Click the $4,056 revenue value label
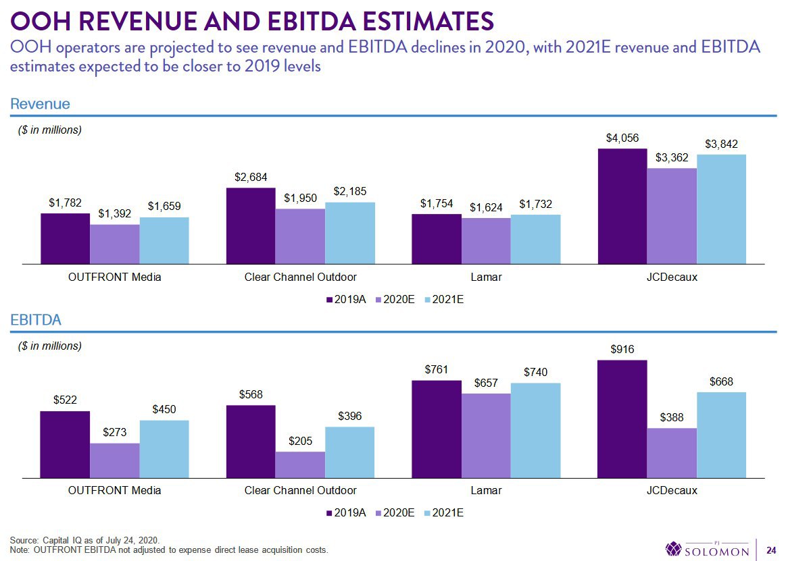click(x=622, y=138)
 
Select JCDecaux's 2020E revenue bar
click(x=672, y=216)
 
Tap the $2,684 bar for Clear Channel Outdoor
click(x=251, y=226)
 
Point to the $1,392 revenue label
click(x=114, y=214)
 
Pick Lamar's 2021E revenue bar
click(x=535, y=240)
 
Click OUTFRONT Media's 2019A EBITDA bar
click(x=65, y=444)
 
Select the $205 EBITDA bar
click(x=300, y=465)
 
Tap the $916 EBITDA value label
click(x=622, y=350)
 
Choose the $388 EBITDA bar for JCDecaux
click(x=672, y=453)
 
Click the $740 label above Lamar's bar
click(x=535, y=372)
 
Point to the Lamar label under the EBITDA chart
click(x=486, y=490)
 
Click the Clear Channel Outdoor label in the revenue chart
click(x=300, y=277)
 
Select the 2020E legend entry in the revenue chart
click(x=395, y=300)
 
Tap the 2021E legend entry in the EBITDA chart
click(x=444, y=513)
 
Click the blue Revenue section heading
click(x=40, y=104)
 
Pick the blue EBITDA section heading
click(x=36, y=319)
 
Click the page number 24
click(x=771, y=550)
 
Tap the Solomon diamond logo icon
click(x=674, y=548)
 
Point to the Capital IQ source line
click(x=84, y=541)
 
